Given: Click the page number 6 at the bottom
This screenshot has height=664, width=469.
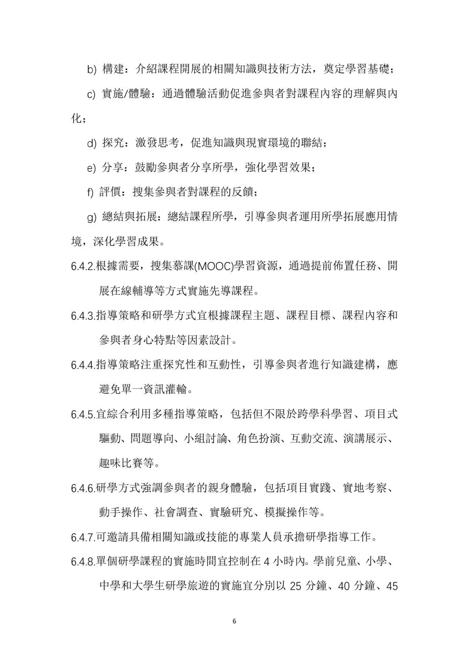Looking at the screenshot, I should pyautogui.click(x=234, y=621).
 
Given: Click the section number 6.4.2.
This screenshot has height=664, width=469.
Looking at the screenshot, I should pyautogui.click(x=83, y=266).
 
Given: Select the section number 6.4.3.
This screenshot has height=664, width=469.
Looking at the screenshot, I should pyautogui.click(x=83, y=316).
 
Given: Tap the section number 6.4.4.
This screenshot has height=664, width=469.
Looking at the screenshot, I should pyautogui.click(x=83, y=365).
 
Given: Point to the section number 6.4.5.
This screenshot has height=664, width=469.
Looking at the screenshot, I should pyautogui.click(x=83, y=415).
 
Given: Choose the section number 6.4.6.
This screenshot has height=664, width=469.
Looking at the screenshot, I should pyautogui.click(x=83, y=488).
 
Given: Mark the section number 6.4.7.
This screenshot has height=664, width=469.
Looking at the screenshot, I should pyautogui.click(x=83, y=538).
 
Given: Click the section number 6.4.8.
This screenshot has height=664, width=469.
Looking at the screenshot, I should pyautogui.click(x=83, y=562).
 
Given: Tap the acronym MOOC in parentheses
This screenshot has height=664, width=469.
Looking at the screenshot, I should pyautogui.click(x=215, y=266).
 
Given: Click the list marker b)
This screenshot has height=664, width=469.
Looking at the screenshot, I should pyautogui.click(x=92, y=70).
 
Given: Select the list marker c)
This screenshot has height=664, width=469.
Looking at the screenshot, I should pyautogui.click(x=92, y=94).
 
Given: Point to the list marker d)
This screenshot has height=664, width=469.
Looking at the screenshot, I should pyautogui.click(x=92, y=143).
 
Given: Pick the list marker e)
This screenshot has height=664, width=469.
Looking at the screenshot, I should pyautogui.click(x=92, y=168).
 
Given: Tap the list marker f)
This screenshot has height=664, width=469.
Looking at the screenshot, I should pyautogui.click(x=90, y=193).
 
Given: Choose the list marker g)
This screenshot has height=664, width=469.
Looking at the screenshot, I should pyautogui.click(x=92, y=217).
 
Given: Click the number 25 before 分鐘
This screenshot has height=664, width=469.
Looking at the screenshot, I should pyautogui.click(x=295, y=587).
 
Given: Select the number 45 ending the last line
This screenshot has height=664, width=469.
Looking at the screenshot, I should pyautogui.click(x=392, y=587).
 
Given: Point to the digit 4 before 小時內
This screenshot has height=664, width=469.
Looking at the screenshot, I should pyautogui.click(x=266, y=562).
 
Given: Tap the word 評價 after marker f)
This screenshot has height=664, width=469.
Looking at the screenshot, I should pyautogui.click(x=110, y=193).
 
